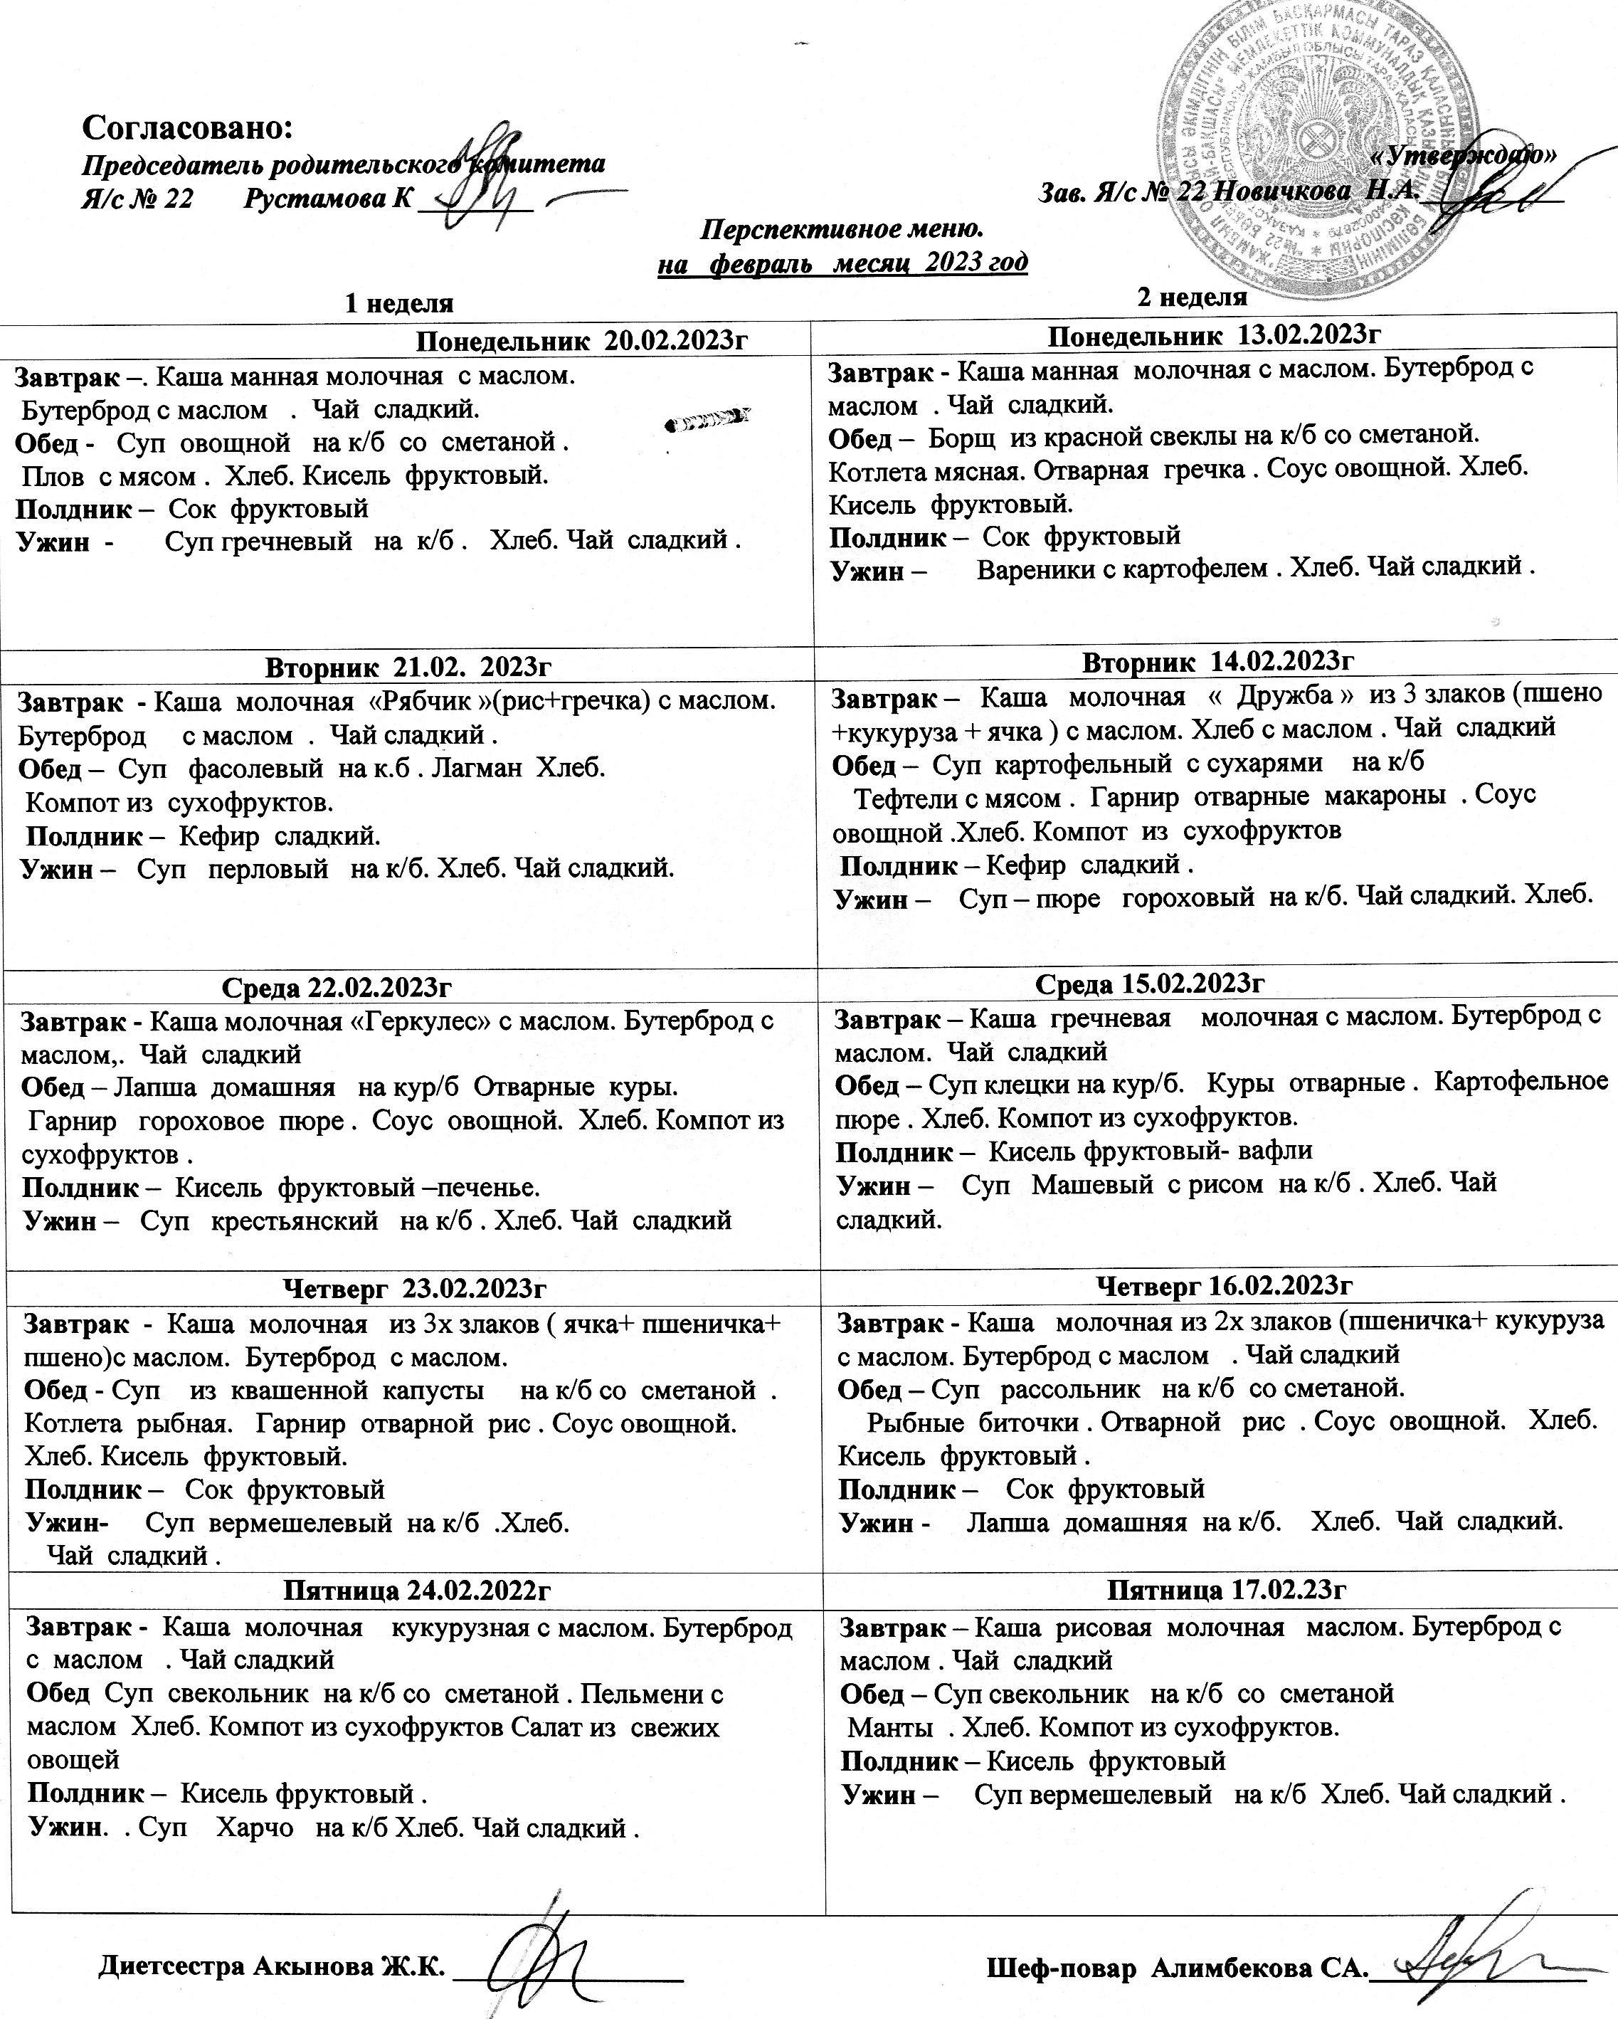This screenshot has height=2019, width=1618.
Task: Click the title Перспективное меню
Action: [x=842, y=228]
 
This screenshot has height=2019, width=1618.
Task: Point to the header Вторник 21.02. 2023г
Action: [x=408, y=667]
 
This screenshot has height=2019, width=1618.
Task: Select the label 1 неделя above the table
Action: [x=399, y=303]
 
